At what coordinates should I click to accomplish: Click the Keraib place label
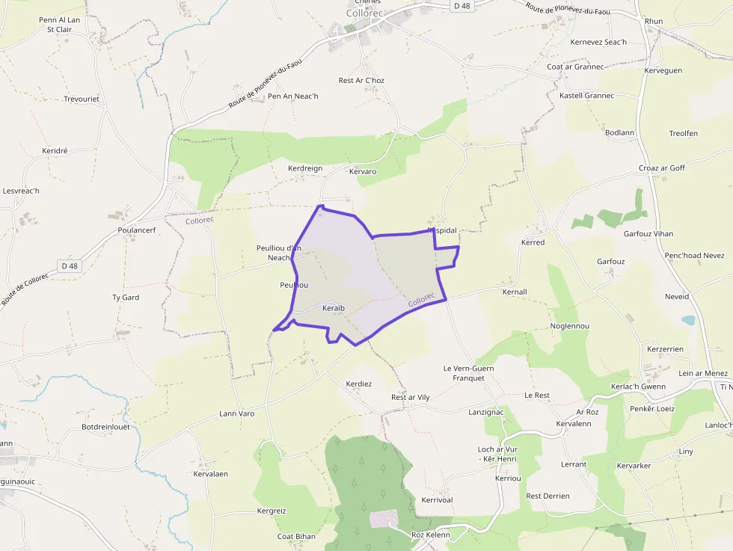pos(333,308)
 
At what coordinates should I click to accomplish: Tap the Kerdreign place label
pos(305,168)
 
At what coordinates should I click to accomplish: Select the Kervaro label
pos(363,171)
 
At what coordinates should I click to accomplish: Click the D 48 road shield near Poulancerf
pos(70,265)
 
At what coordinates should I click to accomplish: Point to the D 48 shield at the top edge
pos(461,5)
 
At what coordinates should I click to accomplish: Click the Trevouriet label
pos(82,99)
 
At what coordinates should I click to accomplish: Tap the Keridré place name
pos(55,150)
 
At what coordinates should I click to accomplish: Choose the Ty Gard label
pos(126,297)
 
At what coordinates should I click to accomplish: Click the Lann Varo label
pos(237,413)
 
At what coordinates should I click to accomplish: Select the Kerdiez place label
pos(358,384)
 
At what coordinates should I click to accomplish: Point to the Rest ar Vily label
pos(411,397)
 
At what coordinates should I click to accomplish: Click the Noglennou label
pos(570,326)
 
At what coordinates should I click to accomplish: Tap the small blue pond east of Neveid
pos(687,320)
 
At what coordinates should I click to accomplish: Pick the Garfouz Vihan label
pos(648,233)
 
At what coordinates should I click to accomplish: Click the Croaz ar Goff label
pos(662,168)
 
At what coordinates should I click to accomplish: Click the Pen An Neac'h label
pos(293,96)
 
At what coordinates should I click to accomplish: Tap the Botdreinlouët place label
pos(105,427)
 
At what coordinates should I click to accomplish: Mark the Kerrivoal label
pos(437,499)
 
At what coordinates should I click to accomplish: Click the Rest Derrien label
pos(548,496)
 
